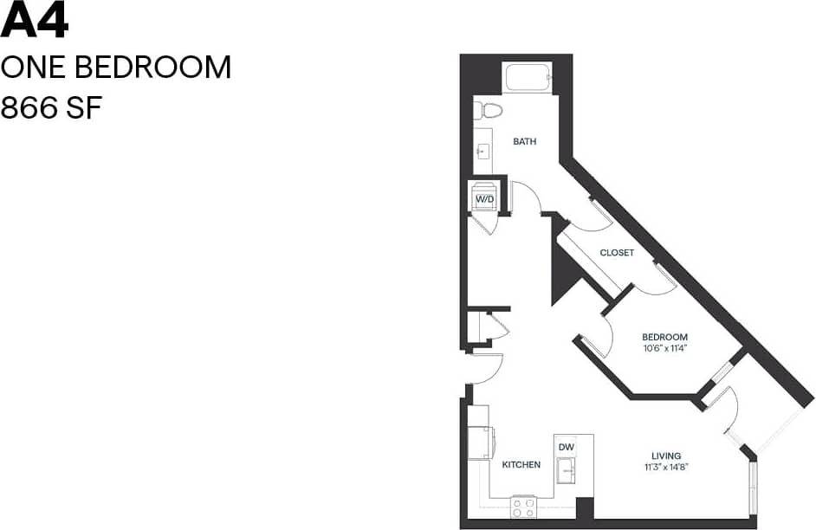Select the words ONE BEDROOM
tap(115, 68)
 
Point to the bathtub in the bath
tap(527, 79)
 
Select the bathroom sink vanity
tap(482, 152)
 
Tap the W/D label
tap(484, 200)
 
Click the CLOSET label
tap(617, 253)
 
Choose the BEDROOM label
tap(664, 337)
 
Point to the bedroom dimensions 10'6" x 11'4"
tap(664, 349)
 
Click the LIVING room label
tap(666, 456)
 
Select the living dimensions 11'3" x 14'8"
tap(666, 468)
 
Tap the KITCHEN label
tap(521, 465)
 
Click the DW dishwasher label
tap(567, 447)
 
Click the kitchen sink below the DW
tap(567, 473)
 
